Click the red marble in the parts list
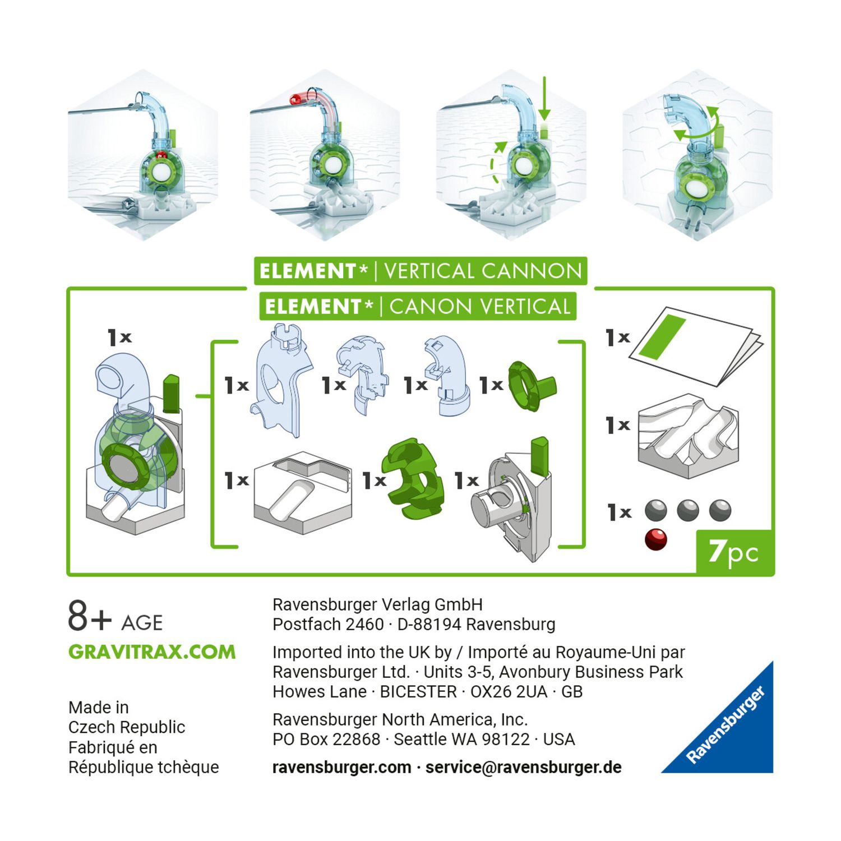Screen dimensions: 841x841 [655, 539]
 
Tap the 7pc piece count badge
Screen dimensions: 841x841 [734, 552]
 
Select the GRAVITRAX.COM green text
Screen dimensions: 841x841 [152, 652]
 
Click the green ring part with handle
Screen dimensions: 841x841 [530, 386]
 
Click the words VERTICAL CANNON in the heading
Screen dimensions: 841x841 [483, 271]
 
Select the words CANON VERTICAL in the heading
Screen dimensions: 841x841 [480, 307]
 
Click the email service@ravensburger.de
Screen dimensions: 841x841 [523, 767]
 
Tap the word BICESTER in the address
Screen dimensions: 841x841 [418, 691]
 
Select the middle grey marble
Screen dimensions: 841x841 [688, 511]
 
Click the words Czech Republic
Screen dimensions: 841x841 [127, 727]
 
